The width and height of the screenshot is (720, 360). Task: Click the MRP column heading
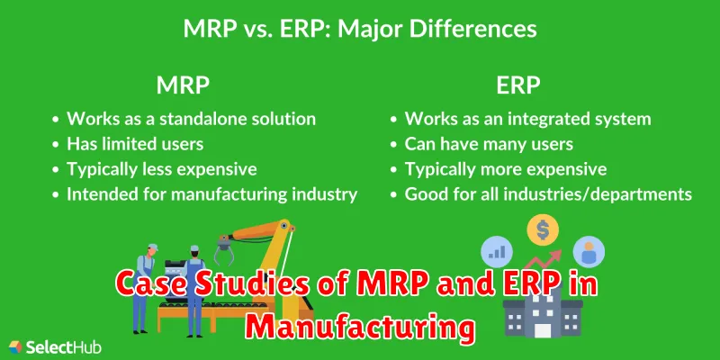[184, 85]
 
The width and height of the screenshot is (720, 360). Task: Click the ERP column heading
[518, 85]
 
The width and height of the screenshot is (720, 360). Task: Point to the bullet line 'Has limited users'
[128, 144]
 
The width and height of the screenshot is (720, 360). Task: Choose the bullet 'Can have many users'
[481, 145]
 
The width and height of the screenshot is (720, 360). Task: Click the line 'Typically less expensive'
[155, 169]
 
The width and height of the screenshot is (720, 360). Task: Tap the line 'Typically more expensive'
[499, 169]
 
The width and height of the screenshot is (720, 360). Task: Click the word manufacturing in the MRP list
[229, 194]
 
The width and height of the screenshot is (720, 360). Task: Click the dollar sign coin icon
[543, 229]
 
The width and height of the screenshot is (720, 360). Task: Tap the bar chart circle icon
[497, 251]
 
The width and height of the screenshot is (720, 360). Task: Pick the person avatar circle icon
[589, 252]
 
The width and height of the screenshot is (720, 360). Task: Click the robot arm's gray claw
[224, 249]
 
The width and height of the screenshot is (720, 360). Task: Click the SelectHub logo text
[64, 347]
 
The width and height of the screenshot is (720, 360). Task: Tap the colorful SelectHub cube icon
[15, 347]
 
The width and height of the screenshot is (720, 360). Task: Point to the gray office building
[543, 312]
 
